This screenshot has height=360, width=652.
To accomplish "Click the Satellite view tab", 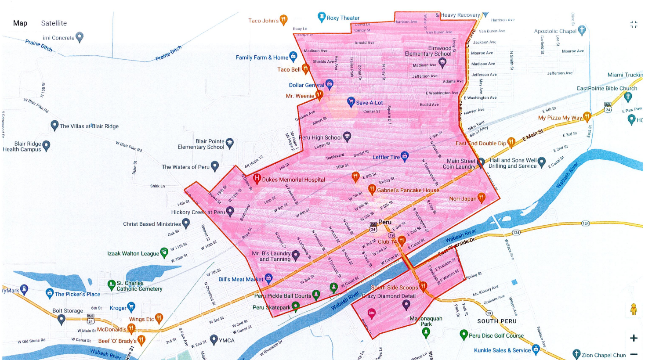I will pyautogui.click(x=54, y=23).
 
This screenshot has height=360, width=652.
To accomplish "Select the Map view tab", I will pyautogui.click(x=20, y=23).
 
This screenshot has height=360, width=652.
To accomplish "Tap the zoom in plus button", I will pyautogui.click(x=634, y=338).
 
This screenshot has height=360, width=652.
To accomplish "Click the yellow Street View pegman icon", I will pyautogui.click(x=633, y=310).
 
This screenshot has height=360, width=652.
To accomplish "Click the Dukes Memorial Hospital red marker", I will pyautogui.click(x=257, y=179).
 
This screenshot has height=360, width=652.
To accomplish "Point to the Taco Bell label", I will pyautogui.click(x=289, y=69).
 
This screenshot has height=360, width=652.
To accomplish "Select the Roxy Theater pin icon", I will pyautogui.click(x=322, y=17).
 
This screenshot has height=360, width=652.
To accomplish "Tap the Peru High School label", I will pyautogui.click(x=320, y=137).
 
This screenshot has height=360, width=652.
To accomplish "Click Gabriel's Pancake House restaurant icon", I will pyautogui.click(x=372, y=189).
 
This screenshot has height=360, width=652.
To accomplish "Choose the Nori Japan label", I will pyautogui.click(x=463, y=199).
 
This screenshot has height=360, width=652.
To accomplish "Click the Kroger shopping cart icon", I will pyautogui.click(x=131, y=307).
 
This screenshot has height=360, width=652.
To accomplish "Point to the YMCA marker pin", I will pyautogui.click(x=214, y=339).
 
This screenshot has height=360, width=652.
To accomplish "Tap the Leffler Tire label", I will pyautogui.click(x=386, y=157).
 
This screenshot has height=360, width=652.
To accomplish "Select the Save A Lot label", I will pyautogui.click(x=369, y=103).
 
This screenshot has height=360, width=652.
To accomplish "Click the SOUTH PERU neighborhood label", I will pyautogui.click(x=497, y=321).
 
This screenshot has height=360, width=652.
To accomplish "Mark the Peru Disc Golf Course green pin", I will pyautogui.click(x=463, y=335).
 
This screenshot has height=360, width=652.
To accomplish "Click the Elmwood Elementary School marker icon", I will pyautogui.click(x=442, y=62).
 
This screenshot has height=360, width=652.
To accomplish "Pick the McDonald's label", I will pyautogui.click(x=112, y=329).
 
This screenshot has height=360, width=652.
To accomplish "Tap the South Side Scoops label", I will pyautogui.click(x=394, y=288).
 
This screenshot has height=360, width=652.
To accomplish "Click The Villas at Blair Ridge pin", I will pyautogui.click(x=54, y=126).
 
